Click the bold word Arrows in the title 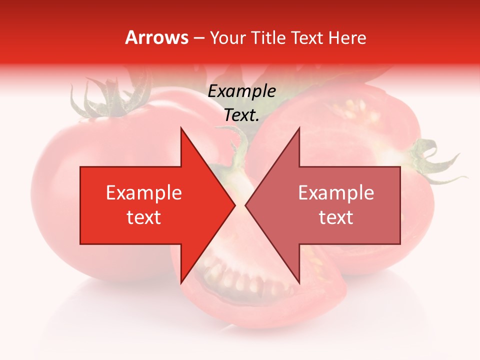(157, 38)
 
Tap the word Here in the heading (348, 38)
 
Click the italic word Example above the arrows (242, 91)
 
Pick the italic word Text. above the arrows (242, 115)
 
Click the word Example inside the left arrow (144, 193)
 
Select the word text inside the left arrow (144, 217)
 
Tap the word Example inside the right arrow (336, 193)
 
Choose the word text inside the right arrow (336, 217)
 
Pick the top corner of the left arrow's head (181, 129)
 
